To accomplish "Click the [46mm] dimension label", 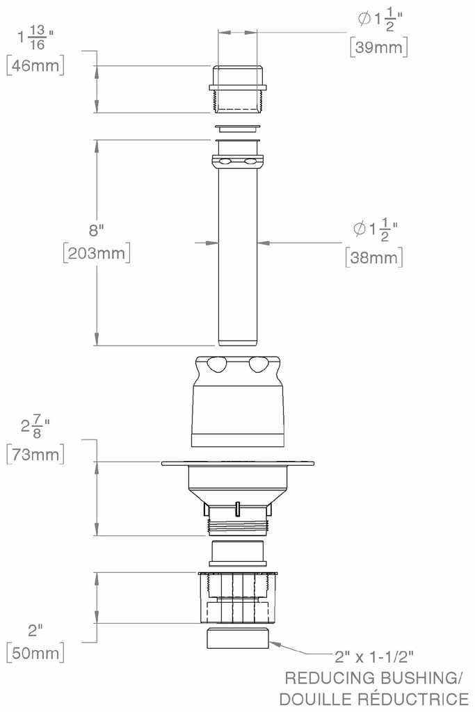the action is click(x=35, y=65).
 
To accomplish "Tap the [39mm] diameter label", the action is click(x=379, y=47).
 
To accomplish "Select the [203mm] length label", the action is click(x=97, y=253).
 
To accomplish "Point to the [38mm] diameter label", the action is click(x=374, y=258).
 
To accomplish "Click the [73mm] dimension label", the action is click(x=35, y=454).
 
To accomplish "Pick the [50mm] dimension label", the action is click(x=35, y=653).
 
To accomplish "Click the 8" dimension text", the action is click(x=97, y=230).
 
